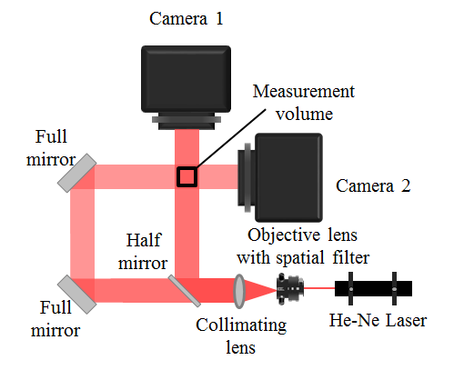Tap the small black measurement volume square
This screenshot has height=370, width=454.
click(x=187, y=177)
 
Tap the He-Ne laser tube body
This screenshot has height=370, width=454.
click(x=373, y=289)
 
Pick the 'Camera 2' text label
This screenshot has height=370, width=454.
click(x=374, y=187)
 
